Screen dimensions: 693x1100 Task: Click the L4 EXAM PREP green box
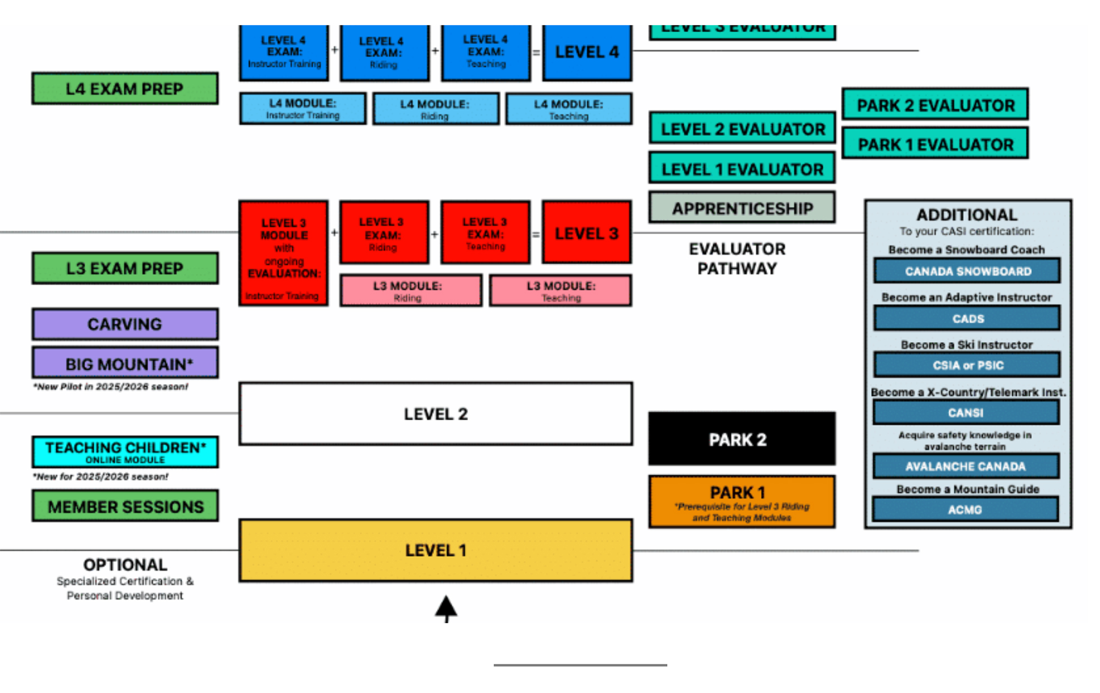(x=125, y=88)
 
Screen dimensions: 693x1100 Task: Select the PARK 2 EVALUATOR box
(x=935, y=104)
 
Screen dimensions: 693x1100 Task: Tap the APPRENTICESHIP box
(x=742, y=208)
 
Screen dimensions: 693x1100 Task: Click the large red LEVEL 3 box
(x=586, y=233)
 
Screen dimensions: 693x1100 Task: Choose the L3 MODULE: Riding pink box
(x=410, y=291)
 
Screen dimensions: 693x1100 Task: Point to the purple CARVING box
(x=125, y=324)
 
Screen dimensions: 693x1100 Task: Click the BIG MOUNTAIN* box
(x=125, y=363)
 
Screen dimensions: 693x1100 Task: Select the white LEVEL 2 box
(x=436, y=414)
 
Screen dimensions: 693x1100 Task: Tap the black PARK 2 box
(x=741, y=439)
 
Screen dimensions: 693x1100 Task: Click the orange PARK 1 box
(x=741, y=502)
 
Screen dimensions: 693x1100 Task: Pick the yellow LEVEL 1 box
(x=436, y=550)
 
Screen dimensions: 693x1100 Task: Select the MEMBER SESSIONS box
(x=125, y=506)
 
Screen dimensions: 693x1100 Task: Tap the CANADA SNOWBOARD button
(x=967, y=271)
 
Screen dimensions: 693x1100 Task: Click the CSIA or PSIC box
(x=967, y=365)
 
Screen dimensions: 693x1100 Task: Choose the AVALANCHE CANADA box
(x=966, y=467)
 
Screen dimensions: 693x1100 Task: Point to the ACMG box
(x=965, y=509)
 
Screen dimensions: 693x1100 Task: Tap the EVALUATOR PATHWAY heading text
(x=737, y=258)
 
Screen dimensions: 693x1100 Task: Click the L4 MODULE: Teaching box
(x=569, y=109)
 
